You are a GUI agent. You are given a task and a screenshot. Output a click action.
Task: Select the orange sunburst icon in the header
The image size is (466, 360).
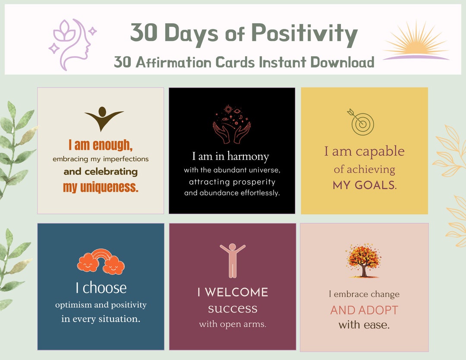[416, 41]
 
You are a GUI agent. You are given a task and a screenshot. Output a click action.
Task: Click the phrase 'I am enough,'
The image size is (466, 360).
[100, 145]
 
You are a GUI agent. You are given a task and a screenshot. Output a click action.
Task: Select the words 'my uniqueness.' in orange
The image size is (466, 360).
[100, 187]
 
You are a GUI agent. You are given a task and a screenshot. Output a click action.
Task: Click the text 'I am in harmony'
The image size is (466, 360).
[230, 156]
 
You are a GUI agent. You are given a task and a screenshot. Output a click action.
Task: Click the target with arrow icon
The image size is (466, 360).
[361, 122]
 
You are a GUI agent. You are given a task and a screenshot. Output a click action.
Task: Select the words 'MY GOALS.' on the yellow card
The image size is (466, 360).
[364, 186]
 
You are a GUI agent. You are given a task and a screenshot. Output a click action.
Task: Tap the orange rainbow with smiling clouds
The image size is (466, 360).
[101, 262]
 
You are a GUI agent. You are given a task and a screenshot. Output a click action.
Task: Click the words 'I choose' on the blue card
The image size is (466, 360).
[101, 288]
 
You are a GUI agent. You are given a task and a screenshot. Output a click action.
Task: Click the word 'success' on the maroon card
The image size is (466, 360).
[233, 309]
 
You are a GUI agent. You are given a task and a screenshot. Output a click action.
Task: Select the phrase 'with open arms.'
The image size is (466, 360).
[233, 324]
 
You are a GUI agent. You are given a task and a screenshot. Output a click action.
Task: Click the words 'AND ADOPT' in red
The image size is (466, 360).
[364, 310]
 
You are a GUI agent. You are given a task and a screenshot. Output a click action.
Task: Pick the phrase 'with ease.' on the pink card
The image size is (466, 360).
[364, 325]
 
